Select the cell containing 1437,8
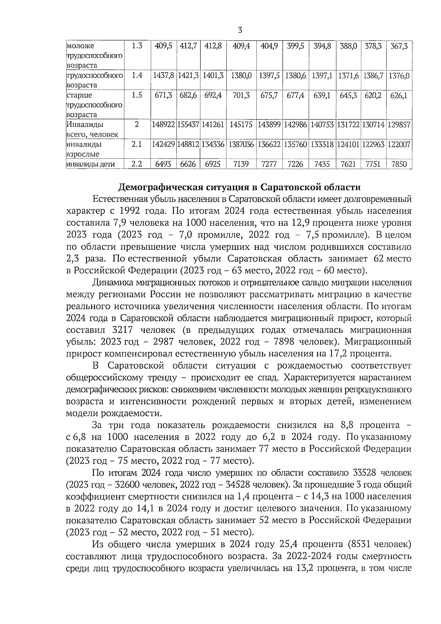(x=164, y=76)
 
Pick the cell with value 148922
(x=164, y=125)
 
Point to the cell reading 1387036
(x=241, y=145)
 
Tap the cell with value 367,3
(x=399, y=46)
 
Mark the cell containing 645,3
(x=348, y=96)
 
